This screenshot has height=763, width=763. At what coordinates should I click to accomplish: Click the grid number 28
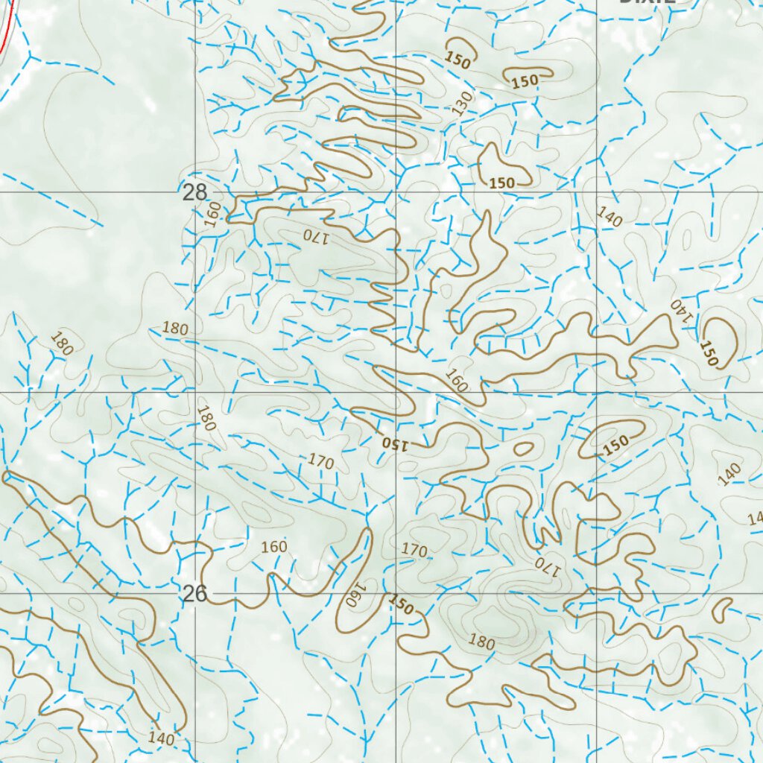tap(194, 192)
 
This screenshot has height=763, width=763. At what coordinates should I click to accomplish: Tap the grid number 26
tap(194, 593)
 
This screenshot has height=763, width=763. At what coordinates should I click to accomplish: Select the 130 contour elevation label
tap(463, 103)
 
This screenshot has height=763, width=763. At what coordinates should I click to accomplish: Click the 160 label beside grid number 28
tap(214, 213)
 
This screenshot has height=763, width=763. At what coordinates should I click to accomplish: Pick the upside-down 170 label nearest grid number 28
tap(314, 236)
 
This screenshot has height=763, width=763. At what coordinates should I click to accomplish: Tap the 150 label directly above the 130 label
tap(458, 59)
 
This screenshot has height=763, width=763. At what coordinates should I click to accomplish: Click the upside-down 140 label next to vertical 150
tap(681, 310)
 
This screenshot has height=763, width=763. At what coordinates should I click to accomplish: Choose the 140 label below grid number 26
tap(161, 738)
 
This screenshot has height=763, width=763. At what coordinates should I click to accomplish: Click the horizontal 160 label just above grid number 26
tap(273, 547)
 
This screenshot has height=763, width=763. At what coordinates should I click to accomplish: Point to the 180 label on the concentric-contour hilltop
tap(481, 641)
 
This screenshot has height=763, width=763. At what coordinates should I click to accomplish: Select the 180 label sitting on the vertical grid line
tap(206, 418)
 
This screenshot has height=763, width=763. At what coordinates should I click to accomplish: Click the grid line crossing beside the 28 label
tap(196, 191)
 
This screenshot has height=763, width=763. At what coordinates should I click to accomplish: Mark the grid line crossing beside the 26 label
tap(196, 593)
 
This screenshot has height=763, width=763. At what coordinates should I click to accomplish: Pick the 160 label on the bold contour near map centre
tap(456, 381)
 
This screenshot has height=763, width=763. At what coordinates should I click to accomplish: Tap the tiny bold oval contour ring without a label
tap(524, 449)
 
